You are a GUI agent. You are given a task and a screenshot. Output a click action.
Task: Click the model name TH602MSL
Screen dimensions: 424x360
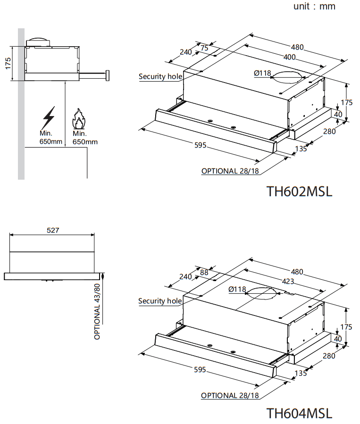[299, 191]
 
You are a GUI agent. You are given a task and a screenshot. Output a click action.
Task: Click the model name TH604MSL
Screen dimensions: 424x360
[299, 413]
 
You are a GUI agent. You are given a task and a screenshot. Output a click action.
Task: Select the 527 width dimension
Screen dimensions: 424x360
[53, 231]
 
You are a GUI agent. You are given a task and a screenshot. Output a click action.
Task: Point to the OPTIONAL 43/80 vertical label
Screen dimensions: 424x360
[98, 311]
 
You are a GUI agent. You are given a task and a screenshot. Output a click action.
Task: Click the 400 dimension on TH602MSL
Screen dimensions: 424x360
[289, 58]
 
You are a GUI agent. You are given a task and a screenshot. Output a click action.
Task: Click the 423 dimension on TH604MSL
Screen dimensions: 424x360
[288, 282]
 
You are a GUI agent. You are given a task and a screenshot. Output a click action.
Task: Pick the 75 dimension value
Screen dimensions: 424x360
[204, 48]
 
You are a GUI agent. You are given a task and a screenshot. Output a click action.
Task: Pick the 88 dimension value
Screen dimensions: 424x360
[204, 272]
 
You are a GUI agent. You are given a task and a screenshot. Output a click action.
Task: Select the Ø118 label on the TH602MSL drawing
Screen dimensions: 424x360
[262, 73]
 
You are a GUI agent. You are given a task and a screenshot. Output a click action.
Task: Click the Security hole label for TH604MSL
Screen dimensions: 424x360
[160, 301]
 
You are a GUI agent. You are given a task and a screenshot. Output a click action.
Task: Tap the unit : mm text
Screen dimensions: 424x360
[314, 7]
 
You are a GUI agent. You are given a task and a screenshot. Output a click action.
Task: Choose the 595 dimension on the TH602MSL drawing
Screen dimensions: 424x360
[200, 146]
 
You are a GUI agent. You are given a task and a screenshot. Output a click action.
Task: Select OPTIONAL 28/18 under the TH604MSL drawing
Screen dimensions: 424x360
[230, 396]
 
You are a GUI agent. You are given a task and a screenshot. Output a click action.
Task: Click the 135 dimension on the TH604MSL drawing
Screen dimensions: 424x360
[300, 373]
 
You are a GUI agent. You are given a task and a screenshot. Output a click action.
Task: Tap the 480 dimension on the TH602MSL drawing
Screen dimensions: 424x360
[297, 47]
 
